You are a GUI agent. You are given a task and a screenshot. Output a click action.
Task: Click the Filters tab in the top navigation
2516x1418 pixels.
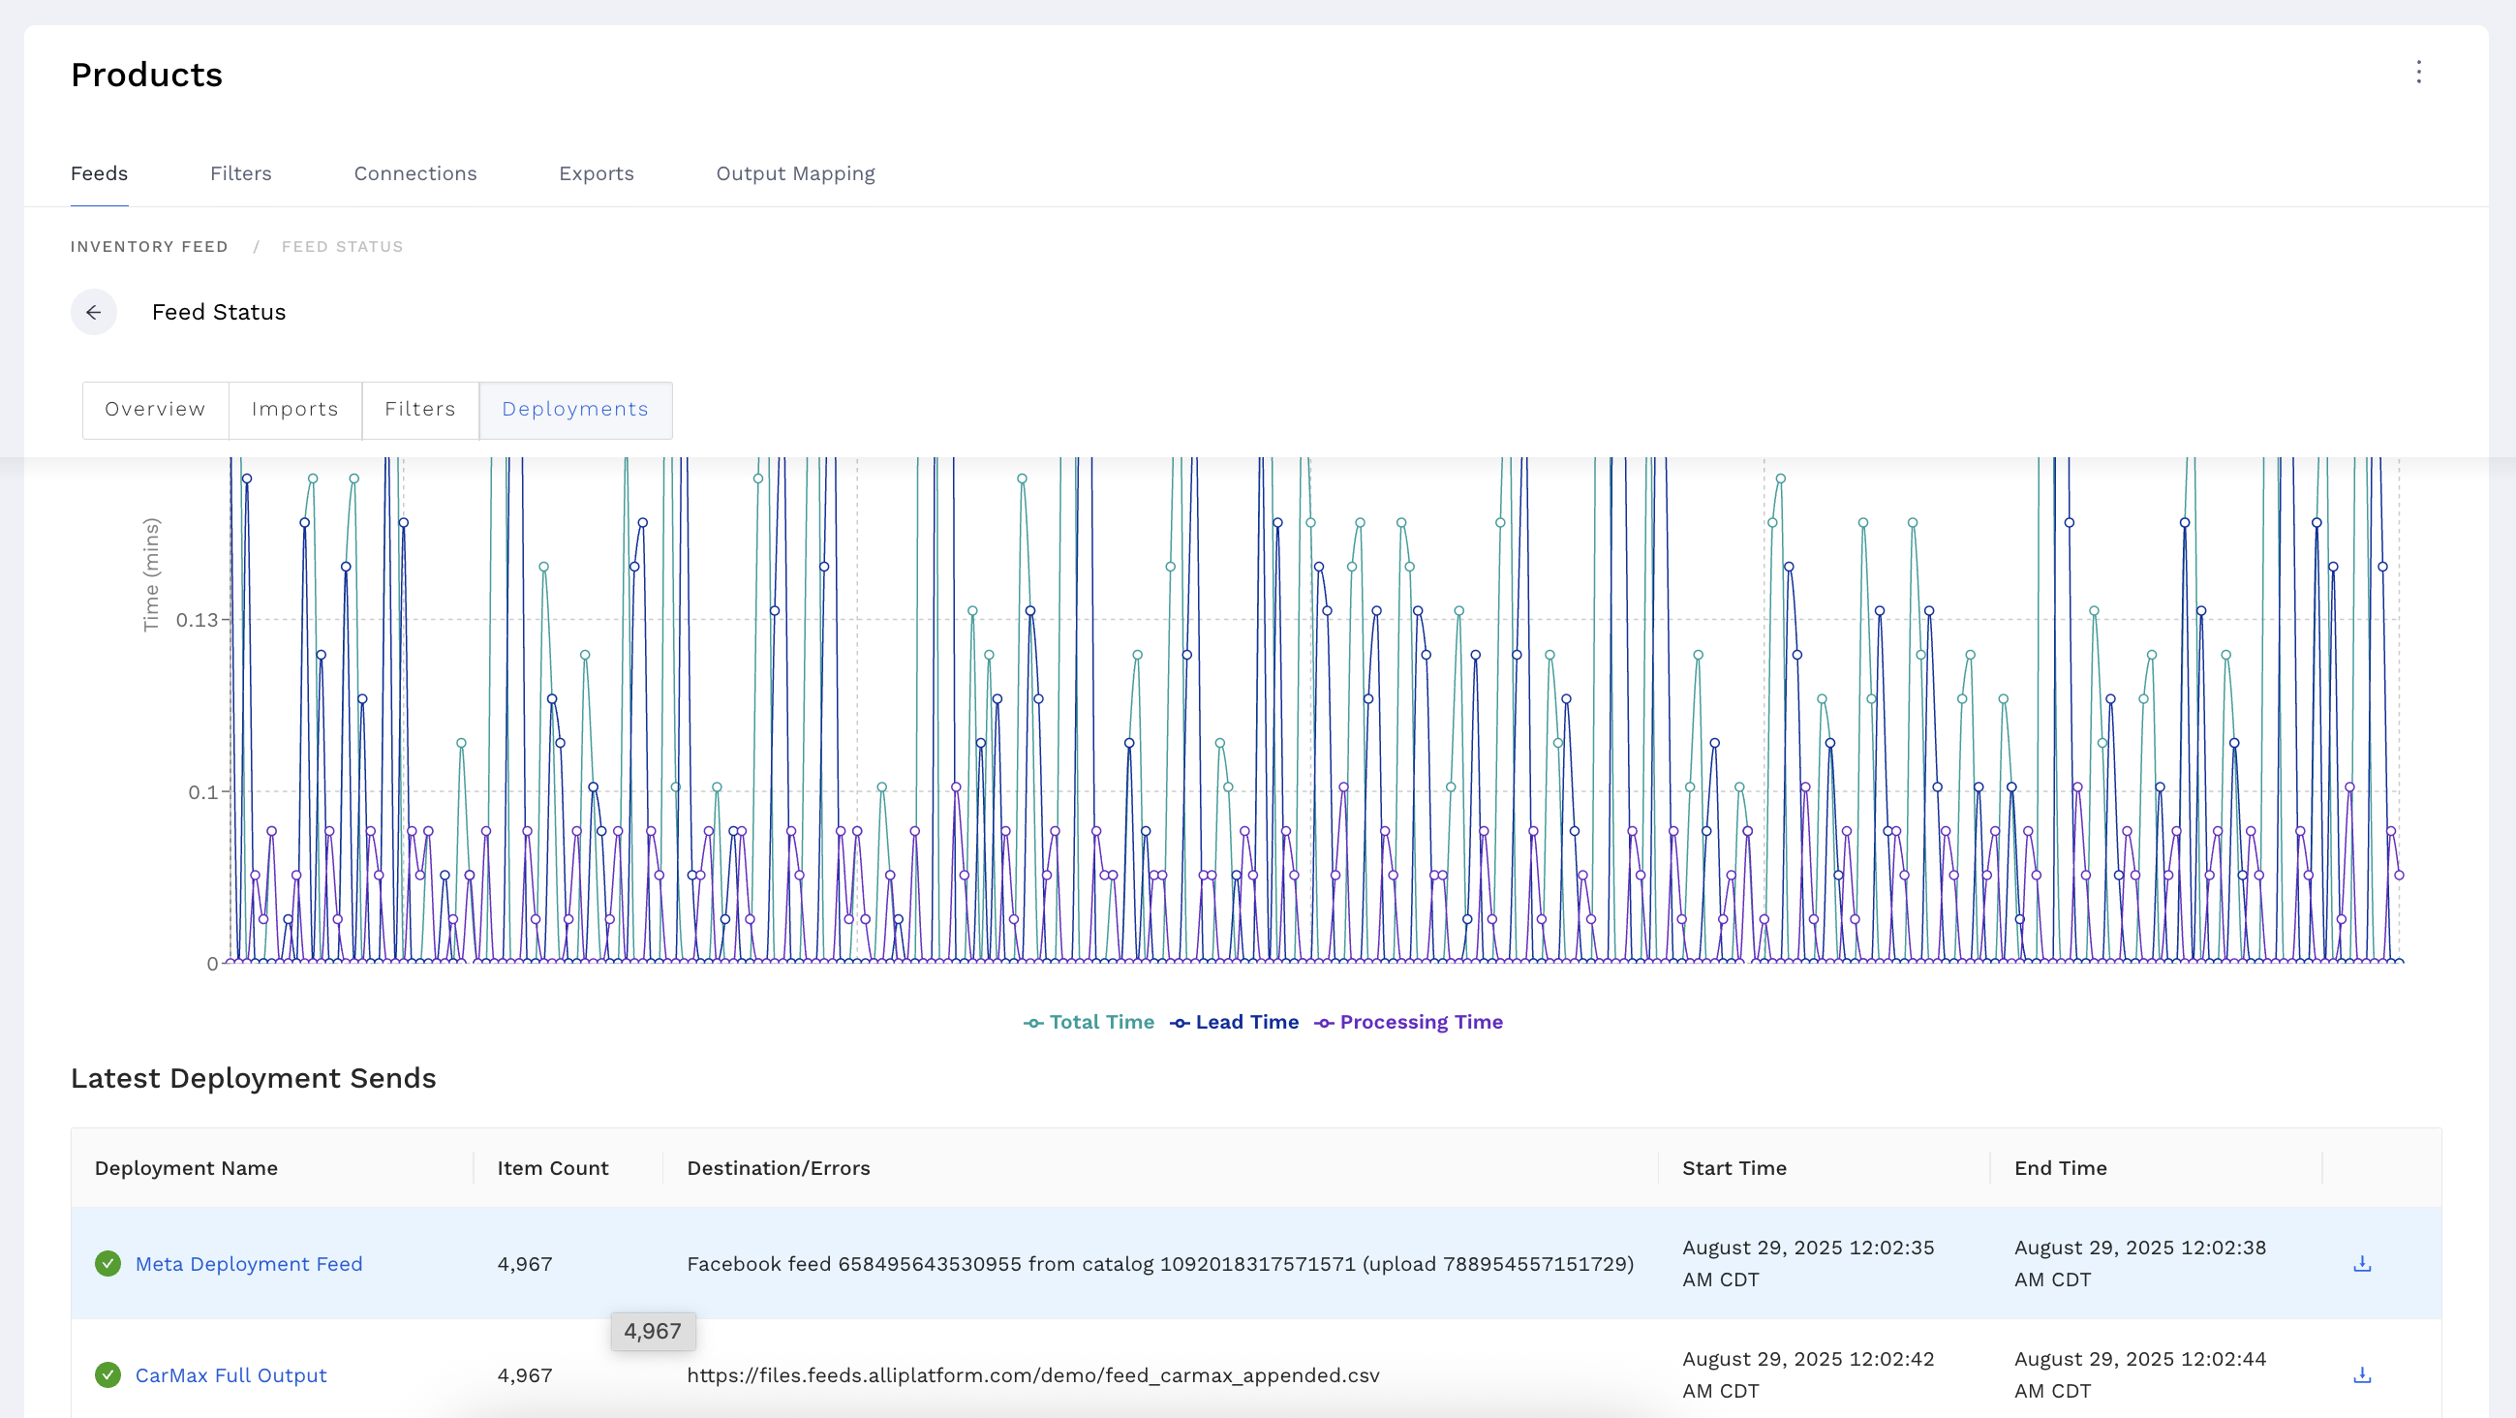tap(240, 173)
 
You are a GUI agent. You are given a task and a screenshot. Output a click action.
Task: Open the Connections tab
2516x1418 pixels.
tap(415, 173)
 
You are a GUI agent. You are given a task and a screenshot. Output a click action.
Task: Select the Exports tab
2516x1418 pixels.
tap(596, 173)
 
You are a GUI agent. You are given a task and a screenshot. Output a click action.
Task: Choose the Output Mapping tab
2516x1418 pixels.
tap(795, 173)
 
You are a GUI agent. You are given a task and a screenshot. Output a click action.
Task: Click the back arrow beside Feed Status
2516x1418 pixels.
tap(94, 313)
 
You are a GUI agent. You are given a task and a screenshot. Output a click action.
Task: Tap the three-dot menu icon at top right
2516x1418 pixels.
tap(2418, 73)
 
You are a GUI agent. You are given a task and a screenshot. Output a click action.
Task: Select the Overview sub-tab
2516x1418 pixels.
tap(155, 409)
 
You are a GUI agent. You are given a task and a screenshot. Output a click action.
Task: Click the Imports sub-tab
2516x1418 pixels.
tap(295, 409)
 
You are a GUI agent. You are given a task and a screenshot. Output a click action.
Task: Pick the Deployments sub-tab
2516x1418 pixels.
tap(574, 409)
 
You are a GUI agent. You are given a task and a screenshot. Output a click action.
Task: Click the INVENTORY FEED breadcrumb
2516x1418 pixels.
tap(148, 247)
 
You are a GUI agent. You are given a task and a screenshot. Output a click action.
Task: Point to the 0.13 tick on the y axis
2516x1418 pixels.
tap(198, 620)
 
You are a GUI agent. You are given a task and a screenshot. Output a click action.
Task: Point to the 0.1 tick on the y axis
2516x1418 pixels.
tap(203, 792)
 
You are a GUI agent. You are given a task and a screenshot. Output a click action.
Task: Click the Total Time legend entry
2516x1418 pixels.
tap(1089, 1023)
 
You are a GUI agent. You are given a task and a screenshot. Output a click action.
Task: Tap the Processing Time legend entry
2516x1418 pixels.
tap(1408, 1023)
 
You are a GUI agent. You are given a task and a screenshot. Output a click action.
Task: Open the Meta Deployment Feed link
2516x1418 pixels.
tap(248, 1264)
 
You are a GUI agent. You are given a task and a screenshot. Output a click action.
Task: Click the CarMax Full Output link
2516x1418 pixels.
tap(230, 1375)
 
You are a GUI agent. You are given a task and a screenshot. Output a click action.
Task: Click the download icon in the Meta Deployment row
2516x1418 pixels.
tap(2362, 1264)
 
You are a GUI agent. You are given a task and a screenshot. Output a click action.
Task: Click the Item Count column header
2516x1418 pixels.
tap(552, 1168)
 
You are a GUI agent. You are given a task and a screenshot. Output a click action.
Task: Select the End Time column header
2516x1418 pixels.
tap(2060, 1168)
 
